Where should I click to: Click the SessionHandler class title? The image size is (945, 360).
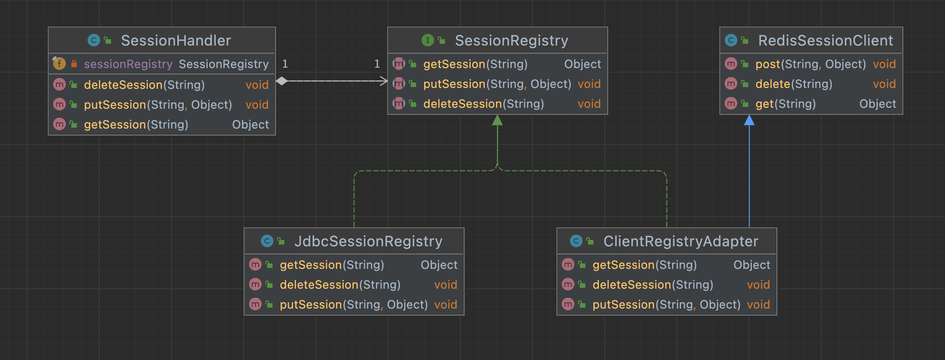[x=176, y=41]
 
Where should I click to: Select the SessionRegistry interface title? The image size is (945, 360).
[x=511, y=41]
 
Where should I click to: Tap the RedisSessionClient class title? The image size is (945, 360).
[x=825, y=41]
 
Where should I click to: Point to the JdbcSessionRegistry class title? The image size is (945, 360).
[x=368, y=241]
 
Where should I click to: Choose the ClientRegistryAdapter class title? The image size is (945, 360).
[x=681, y=241]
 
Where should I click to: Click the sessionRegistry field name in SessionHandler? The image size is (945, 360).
[x=128, y=64]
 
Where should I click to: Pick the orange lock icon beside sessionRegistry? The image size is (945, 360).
[x=74, y=64]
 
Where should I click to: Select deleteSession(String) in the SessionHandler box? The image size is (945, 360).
[x=144, y=85]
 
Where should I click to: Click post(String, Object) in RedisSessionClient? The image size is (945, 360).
[x=811, y=64]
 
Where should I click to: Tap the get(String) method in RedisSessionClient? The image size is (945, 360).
[x=785, y=104]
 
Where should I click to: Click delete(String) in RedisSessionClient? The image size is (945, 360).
[x=794, y=84]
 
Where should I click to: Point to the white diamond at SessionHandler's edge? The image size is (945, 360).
[x=282, y=81]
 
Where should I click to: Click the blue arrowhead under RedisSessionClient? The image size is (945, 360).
[x=749, y=120]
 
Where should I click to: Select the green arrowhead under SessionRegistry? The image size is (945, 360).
[x=497, y=120]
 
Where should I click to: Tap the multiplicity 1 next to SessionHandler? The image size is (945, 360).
[x=285, y=64]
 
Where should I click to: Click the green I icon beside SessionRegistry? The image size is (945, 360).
[x=427, y=41]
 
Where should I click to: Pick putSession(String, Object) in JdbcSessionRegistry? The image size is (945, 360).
[x=353, y=305]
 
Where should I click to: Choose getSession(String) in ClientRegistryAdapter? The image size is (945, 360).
[x=644, y=265]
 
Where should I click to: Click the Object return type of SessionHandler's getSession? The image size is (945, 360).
[x=250, y=125]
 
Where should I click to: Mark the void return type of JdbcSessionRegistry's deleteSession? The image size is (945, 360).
[x=445, y=285]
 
